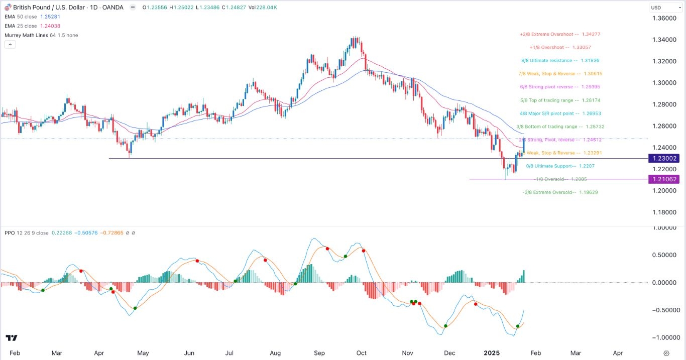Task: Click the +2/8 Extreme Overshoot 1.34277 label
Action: pyautogui.click(x=560, y=34)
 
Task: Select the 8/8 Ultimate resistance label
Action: pyautogui.click(x=560, y=60)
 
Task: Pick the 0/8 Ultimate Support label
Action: pyautogui.click(x=552, y=166)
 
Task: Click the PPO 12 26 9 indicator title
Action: pyautogui.click(x=27, y=233)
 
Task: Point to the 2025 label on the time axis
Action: pyautogui.click(x=492, y=353)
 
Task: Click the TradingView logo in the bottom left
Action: pyautogui.click(x=12, y=338)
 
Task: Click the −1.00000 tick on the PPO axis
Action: pyautogui.click(x=661, y=337)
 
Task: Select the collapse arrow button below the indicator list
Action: pyautogui.click(x=10, y=45)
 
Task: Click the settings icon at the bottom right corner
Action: pyautogui.click(x=666, y=353)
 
